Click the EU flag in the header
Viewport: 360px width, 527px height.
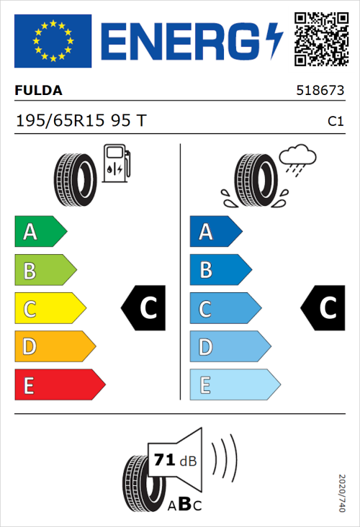(53, 41)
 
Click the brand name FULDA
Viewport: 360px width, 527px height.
(38, 91)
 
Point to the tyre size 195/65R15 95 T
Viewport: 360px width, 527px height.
(81, 120)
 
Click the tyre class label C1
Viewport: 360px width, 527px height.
(335, 121)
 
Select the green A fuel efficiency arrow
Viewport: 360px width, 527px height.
(40, 232)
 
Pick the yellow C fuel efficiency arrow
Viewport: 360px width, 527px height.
(50, 308)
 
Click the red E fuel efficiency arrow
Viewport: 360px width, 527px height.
(59, 385)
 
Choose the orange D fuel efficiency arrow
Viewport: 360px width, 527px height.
(55, 347)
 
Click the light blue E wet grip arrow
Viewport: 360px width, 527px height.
(235, 385)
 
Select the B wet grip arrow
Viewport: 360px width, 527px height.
(220, 270)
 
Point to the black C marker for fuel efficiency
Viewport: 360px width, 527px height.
(145, 308)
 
